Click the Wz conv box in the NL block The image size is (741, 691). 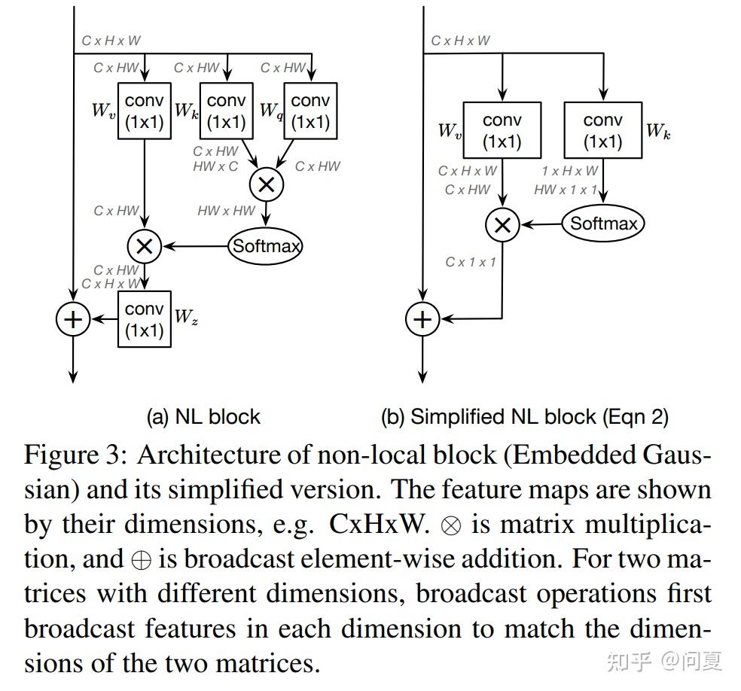(145, 320)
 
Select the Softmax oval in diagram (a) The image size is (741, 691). (266, 245)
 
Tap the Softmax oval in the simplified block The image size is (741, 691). (603, 223)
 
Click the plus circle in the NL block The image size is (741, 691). (72, 320)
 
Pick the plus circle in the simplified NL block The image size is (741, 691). (422, 319)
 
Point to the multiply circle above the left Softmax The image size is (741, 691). (266, 184)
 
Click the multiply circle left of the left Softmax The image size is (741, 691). (144, 245)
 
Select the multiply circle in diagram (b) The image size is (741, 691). (502, 224)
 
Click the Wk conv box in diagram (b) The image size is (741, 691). (603, 130)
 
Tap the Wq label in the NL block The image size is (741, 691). (270, 111)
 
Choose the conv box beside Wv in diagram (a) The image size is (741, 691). (145, 111)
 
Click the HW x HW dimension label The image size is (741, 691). (226, 211)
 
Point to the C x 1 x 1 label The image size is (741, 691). (471, 262)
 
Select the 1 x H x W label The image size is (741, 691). (570, 171)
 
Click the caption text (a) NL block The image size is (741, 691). (203, 416)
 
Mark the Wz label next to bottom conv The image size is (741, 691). (185, 317)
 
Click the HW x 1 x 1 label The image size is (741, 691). (566, 190)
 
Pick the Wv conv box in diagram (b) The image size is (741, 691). (502, 130)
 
